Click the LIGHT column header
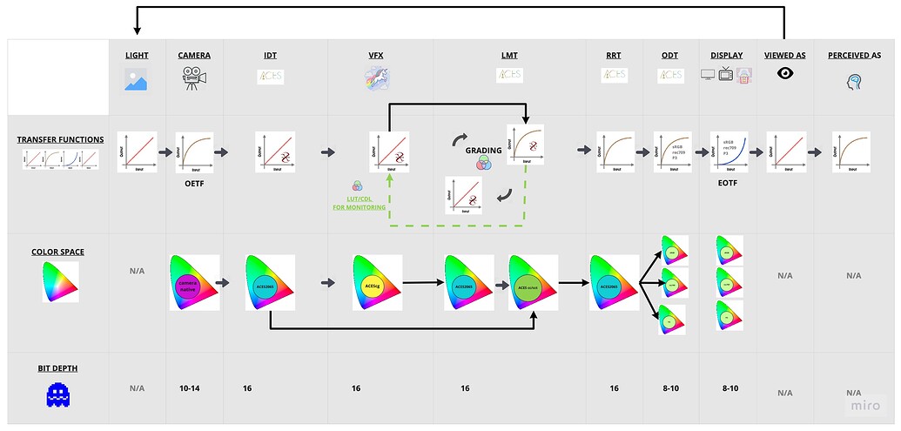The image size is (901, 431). tap(137, 55)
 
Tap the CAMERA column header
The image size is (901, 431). tap(193, 55)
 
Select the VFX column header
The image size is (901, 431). tap(375, 55)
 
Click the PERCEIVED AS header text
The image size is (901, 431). tap(854, 55)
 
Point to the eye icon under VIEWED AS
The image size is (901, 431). tap(784, 75)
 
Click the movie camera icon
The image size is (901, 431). tap(193, 78)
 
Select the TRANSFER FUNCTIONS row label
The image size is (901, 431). tap(60, 139)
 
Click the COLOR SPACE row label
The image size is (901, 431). tap(58, 253)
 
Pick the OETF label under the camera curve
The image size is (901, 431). tap(193, 184)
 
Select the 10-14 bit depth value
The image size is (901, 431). tap(190, 388)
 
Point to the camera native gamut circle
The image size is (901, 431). tap(189, 285)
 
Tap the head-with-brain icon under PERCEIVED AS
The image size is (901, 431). tap(854, 81)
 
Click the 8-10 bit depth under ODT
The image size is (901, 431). tap(670, 388)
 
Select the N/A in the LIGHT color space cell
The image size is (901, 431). tap(137, 271)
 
